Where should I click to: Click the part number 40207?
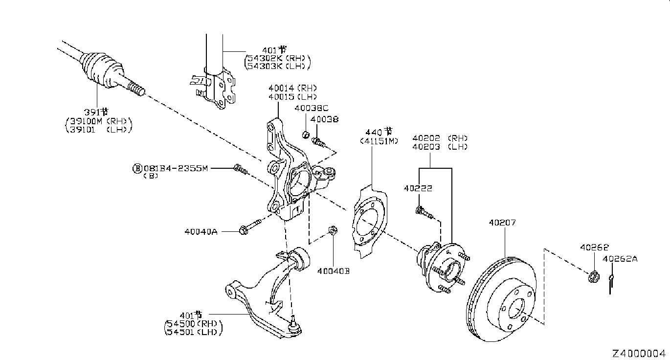(502, 223)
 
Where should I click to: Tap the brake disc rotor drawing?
(501, 298)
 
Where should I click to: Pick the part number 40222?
(418, 188)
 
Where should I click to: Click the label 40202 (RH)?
(440, 138)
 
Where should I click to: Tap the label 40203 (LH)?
(440, 146)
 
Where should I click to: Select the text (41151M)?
(379, 141)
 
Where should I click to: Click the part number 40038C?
(312, 109)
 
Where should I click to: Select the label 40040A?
(201, 231)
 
